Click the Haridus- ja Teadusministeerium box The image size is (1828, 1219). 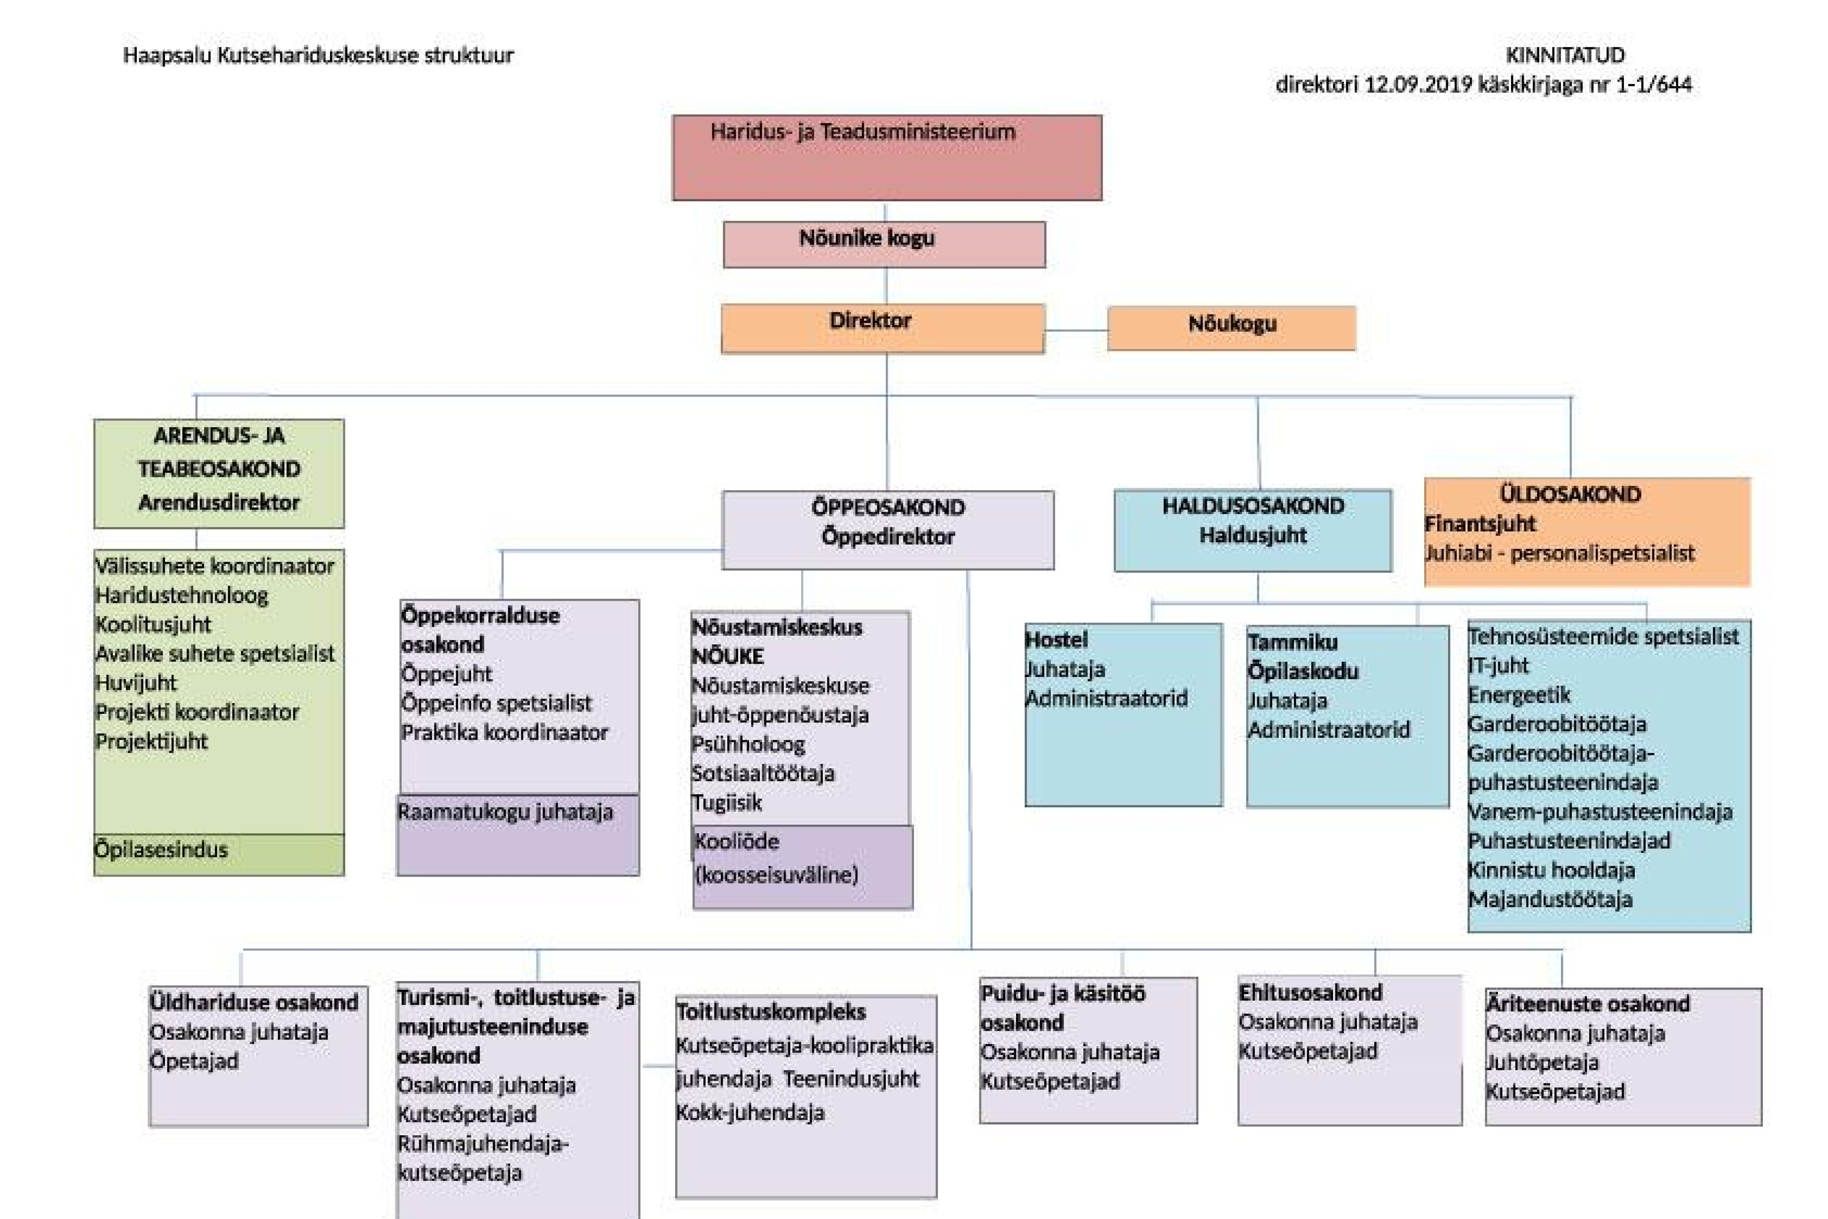[x=887, y=158]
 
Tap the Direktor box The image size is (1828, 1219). [x=883, y=329]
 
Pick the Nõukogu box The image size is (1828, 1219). [x=1232, y=328]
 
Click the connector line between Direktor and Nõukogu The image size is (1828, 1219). [x=1076, y=331]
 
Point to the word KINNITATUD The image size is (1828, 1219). [x=1565, y=55]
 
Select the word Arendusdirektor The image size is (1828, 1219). [x=219, y=502]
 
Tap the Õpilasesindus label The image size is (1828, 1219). [x=161, y=849]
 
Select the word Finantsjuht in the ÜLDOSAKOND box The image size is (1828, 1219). [x=1480, y=524]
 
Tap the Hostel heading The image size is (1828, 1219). [x=1056, y=640]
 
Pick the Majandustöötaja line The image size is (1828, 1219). [x=1550, y=900]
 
